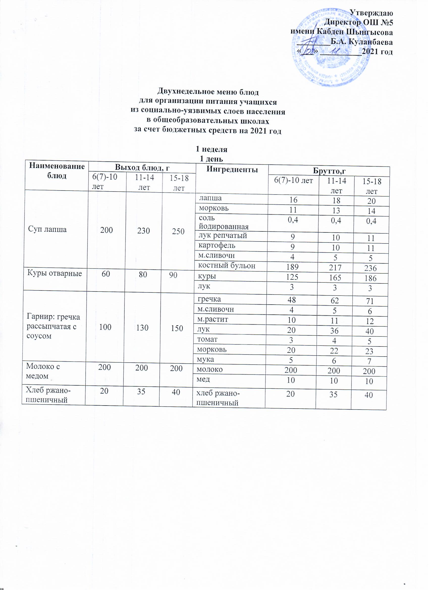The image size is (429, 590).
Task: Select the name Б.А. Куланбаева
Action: click(361, 42)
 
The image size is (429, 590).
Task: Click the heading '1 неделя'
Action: click(211, 149)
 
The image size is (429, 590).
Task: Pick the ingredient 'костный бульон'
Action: click(227, 265)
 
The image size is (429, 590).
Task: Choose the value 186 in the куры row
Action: click(370, 278)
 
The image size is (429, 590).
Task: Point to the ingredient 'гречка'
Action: click(209, 299)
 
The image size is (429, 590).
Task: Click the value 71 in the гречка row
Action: click(369, 301)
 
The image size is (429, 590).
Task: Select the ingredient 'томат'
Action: click(207, 339)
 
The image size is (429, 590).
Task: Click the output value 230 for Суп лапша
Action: click(144, 230)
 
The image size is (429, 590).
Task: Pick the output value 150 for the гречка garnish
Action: click(177, 328)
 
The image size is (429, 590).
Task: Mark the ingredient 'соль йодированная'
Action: click(223, 222)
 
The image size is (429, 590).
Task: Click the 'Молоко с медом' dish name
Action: click(43, 371)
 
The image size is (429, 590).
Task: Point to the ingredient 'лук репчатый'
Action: click(222, 236)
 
